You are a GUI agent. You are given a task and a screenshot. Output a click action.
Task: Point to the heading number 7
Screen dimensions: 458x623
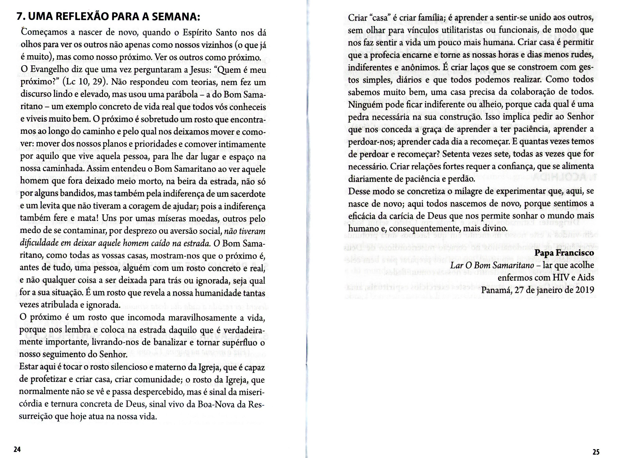click(20, 17)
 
